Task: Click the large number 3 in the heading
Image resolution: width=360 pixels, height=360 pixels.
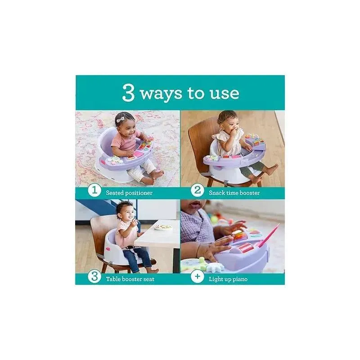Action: (x=128, y=93)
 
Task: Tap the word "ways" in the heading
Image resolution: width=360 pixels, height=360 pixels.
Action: (x=161, y=94)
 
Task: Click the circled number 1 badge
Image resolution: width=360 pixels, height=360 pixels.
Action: (x=94, y=190)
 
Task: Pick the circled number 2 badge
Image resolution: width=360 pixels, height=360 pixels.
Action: (x=197, y=190)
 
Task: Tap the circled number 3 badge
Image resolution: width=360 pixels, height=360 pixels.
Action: (x=94, y=276)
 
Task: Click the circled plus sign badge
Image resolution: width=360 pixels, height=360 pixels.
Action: (x=197, y=276)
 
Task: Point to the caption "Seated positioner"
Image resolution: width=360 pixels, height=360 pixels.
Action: (x=129, y=193)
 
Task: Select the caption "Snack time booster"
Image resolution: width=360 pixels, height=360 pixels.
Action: (x=234, y=193)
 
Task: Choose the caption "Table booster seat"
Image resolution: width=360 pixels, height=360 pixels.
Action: (x=130, y=279)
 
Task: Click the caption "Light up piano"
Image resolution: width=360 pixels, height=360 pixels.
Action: (x=228, y=279)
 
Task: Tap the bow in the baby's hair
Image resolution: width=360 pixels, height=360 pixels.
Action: (x=120, y=119)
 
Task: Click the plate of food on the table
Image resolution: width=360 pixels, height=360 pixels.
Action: (x=163, y=227)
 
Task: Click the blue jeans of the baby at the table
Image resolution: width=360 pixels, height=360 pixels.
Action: (x=137, y=258)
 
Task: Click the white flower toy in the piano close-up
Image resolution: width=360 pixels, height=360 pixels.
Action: (x=215, y=267)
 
